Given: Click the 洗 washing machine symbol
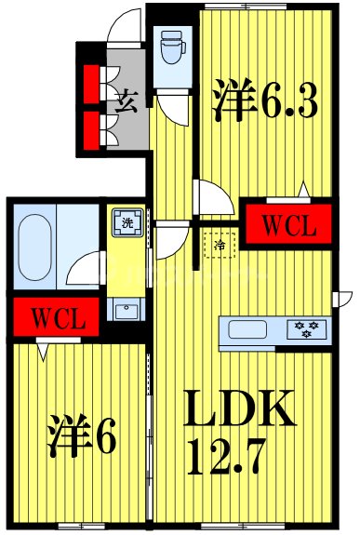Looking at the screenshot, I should (125, 222).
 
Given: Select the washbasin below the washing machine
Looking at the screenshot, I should (124, 308).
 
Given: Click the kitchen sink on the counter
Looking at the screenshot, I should (249, 328).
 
